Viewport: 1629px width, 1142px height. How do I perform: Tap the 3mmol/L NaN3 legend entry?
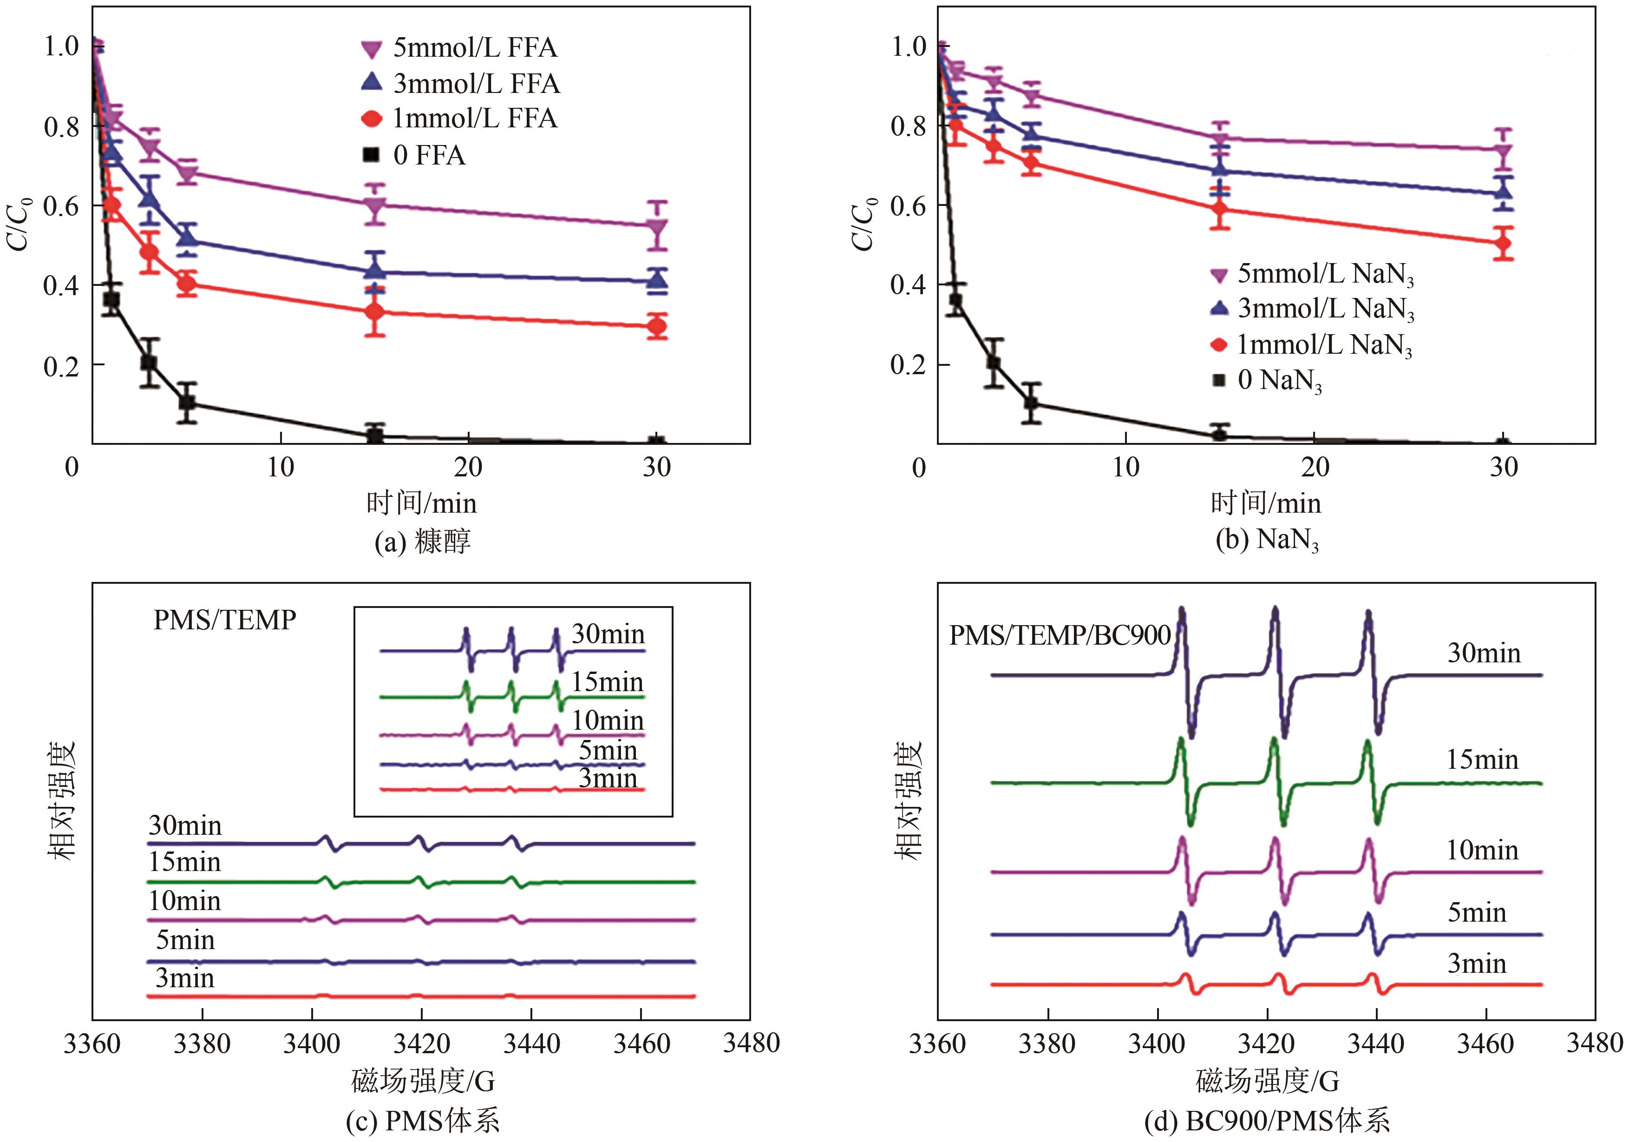[1313, 309]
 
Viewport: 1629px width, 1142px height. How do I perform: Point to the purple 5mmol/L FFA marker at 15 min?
[375, 206]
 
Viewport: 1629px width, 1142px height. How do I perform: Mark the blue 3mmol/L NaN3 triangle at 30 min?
[1502, 191]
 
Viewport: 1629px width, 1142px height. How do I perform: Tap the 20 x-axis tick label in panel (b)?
[1315, 467]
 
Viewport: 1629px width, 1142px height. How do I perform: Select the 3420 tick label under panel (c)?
[421, 1043]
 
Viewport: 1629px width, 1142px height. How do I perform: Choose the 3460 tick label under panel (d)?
[1485, 1043]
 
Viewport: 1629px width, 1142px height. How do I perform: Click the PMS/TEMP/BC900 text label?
[1059, 635]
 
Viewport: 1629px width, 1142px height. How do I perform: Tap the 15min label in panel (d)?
[1483, 759]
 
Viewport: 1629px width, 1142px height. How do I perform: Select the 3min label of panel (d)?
[1477, 964]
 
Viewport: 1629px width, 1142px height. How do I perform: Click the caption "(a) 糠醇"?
[422, 541]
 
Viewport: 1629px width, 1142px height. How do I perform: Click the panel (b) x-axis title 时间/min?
[1266, 503]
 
